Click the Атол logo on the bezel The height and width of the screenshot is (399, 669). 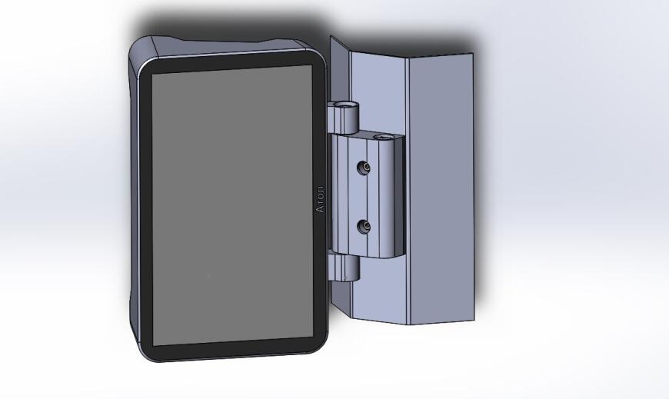tap(321, 199)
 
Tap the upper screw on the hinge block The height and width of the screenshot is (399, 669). tap(364, 168)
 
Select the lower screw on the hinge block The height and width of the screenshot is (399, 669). tap(364, 226)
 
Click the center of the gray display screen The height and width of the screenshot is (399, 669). tap(232, 204)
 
